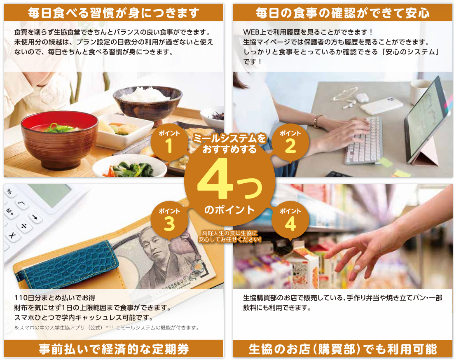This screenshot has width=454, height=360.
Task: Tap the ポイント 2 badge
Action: [x=290, y=142]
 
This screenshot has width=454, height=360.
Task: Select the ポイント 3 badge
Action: [x=169, y=220]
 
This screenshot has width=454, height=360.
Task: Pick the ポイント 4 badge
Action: [x=290, y=220]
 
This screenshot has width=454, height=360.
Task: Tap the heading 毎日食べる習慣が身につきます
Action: [x=114, y=13]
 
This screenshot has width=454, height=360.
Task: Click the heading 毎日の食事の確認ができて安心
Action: [x=342, y=13]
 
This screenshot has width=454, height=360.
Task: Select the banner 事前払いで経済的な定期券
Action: [x=114, y=349]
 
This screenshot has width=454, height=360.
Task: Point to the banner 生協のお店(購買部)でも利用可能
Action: [x=342, y=349]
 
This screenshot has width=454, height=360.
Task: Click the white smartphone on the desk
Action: [x=381, y=106]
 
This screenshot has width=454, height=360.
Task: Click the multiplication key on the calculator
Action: [x=12, y=235]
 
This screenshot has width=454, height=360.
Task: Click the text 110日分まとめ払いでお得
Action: [x=55, y=298]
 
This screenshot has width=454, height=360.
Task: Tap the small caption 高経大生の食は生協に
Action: [x=229, y=233]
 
